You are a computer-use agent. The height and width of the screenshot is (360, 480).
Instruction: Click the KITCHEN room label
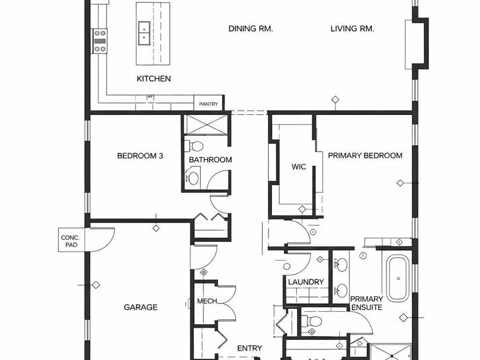pyautogui.click(x=154, y=79)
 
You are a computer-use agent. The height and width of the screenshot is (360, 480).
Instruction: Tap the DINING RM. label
pyautogui.click(x=251, y=29)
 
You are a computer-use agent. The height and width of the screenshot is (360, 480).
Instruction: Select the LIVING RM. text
pyautogui.click(x=352, y=29)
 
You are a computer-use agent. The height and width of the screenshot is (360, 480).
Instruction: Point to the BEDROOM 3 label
pyautogui.click(x=140, y=156)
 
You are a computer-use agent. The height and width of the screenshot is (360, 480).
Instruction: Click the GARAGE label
pyautogui.click(x=141, y=307)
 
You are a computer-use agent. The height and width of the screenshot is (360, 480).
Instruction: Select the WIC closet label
pyautogui.click(x=299, y=167)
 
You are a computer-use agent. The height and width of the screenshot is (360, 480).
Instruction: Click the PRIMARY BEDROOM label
pyautogui.click(x=365, y=156)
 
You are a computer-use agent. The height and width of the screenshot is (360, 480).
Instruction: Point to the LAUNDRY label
pyautogui.click(x=306, y=282)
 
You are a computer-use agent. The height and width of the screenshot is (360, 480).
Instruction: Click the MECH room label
pyautogui.click(x=207, y=301)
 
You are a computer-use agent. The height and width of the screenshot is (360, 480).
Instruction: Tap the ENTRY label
pyautogui.click(x=250, y=348)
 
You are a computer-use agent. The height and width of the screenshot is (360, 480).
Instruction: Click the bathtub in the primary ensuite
pyautogui.click(x=398, y=278)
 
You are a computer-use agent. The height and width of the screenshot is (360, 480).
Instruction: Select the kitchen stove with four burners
pyautogui.click(x=100, y=41)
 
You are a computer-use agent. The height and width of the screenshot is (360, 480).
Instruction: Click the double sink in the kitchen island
pyautogui.click(x=144, y=33)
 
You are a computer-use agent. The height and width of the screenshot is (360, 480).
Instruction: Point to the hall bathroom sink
pyautogui.click(x=192, y=178)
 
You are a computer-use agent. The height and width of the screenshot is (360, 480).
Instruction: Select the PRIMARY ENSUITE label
pyautogui.click(x=367, y=303)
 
